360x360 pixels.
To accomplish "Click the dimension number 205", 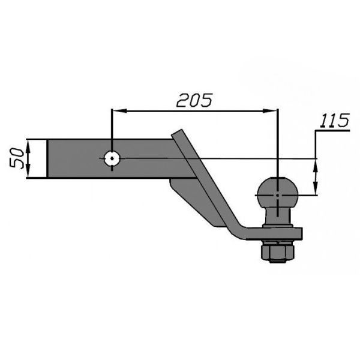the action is pyautogui.click(x=194, y=101).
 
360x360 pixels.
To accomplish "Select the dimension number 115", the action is pyautogui.click(x=335, y=121).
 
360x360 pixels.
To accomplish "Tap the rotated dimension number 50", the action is pyautogui.click(x=17, y=158).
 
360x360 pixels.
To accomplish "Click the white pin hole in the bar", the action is pyautogui.click(x=112, y=158).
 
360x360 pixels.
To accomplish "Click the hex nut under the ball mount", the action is pyautogui.click(x=278, y=253).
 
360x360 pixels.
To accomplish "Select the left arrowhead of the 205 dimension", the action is pyautogui.click(x=120, y=111).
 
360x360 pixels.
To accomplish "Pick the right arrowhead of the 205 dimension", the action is pyautogui.click(x=270, y=111).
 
